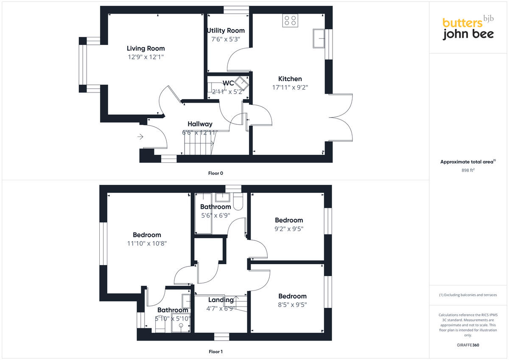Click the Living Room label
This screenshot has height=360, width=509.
(x=146, y=48)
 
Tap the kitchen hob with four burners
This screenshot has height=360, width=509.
(x=290, y=21)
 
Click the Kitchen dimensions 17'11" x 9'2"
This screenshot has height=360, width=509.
(x=290, y=88)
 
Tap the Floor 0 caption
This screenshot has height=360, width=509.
(x=215, y=173)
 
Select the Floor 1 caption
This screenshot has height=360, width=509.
(x=215, y=352)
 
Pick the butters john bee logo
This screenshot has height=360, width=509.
(x=468, y=29)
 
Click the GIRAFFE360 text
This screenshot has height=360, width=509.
(x=468, y=345)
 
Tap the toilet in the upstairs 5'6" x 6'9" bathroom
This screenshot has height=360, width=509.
(x=238, y=202)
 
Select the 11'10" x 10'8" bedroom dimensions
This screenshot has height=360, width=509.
(x=147, y=244)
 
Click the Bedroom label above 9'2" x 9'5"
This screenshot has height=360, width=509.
(x=289, y=220)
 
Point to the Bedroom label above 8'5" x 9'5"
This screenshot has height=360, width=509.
(x=292, y=296)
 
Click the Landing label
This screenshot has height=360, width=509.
(x=221, y=300)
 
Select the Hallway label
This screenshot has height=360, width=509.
(x=200, y=124)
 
